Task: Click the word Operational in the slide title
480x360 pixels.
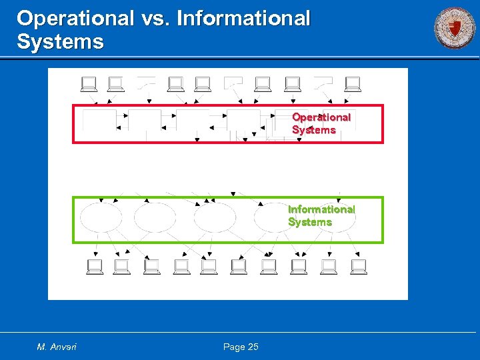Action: pos(75,18)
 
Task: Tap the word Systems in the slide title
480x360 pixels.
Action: pos(60,42)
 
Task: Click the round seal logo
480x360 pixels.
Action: pos(455,28)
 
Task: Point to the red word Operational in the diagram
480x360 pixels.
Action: pos(321,117)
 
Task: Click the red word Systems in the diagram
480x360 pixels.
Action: pos(313,130)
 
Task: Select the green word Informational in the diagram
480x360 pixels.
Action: pos(321,209)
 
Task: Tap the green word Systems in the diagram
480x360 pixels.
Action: pos(310,222)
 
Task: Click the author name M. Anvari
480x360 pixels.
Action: pos(57,347)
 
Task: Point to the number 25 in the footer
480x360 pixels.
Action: pos(253,347)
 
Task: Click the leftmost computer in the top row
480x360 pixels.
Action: pos(89,84)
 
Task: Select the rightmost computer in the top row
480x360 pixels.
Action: pos(353,84)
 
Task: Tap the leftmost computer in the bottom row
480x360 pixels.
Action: pos(95,267)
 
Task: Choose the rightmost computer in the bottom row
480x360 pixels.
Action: pos(359,267)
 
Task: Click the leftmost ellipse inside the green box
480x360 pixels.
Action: pos(101,217)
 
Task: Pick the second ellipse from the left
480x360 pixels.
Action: pos(155,217)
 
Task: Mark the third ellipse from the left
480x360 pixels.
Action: pos(215,217)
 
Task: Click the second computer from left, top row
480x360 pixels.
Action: pos(115,84)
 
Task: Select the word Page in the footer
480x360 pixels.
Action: pos(234,347)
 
